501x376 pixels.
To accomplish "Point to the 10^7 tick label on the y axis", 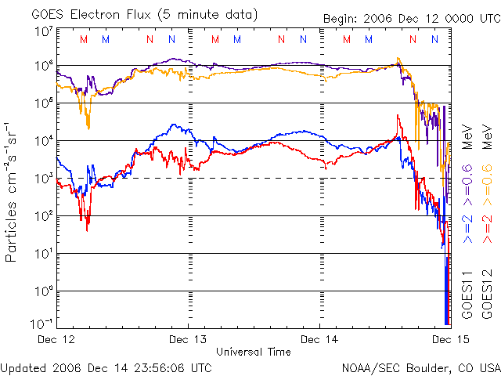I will (43, 31).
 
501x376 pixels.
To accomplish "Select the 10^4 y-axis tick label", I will (43, 140).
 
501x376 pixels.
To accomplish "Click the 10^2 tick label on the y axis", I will (43, 215).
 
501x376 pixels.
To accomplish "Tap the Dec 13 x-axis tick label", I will (189, 340).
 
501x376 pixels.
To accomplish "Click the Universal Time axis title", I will (254, 352).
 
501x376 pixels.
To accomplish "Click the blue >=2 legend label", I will (467, 228).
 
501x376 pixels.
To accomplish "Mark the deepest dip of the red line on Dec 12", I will (87, 228).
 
